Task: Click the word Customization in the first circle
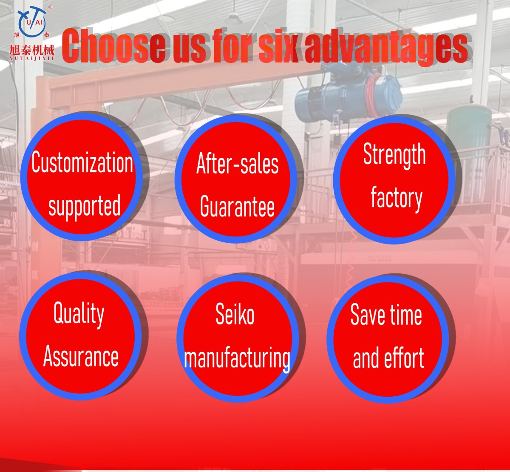point(82,162)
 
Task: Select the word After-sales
point(237,163)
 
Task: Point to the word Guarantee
point(237,206)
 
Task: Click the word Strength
point(394,155)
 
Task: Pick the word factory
point(397,199)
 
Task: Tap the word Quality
point(79,314)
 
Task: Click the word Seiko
point(235,313)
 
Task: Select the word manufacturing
point(237,359)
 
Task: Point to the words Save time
point(386,315)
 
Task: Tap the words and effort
point(388,357)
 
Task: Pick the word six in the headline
point(278,46)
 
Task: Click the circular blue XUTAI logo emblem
point(32,21)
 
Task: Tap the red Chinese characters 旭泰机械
point(31,50)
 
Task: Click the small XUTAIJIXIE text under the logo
point(32,59)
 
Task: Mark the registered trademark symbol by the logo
point(50,7)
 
